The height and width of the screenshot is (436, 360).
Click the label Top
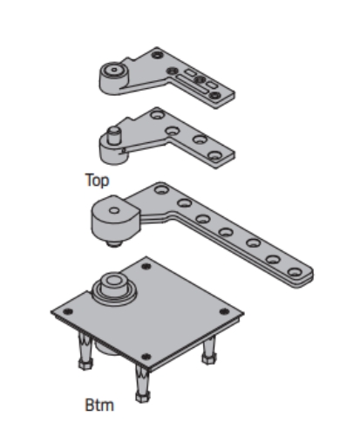97,181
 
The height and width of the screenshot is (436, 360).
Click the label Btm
99,405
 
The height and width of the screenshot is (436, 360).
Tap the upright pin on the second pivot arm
114,135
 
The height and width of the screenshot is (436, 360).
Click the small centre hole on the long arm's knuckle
114,210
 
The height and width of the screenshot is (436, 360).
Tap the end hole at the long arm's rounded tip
295,272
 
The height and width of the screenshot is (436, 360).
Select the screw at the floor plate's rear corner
146,266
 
